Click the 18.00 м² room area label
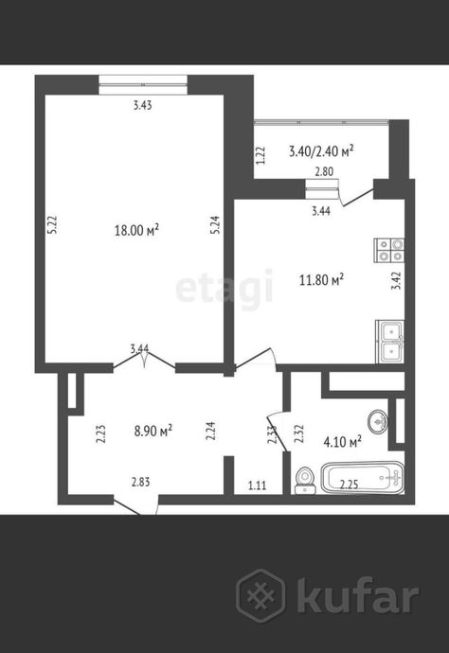[x=136, y=229]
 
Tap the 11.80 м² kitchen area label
[x=321, y=279]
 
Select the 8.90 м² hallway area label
[x=153, y=431]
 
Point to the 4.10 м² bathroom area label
[x=342, y=441]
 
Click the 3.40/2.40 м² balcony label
[x=321, y=150]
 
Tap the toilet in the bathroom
[x=305, y=481]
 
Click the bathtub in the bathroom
[x=362, y=477]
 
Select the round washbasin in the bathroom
[x=378, y=422]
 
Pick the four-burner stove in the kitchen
[x=389, y=250]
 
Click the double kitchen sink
[x=390, y=342]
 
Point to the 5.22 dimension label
[x=52, y=225]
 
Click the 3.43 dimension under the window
[x=143, y=105]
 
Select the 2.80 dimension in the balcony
[x=324, y=171]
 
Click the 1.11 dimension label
[x=258, y=485]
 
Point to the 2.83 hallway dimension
[x=141, y=483]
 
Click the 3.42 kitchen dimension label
[x=397, y=281]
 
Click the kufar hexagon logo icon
[x=261, y=595]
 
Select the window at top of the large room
[x=143, y=85]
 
